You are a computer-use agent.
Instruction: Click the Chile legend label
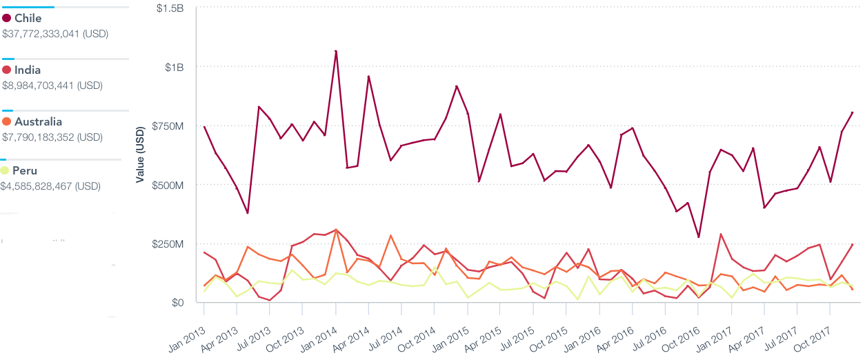pos(28,19)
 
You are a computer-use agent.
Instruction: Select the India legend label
pos(28,70)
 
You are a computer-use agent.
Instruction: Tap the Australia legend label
pos(38,122)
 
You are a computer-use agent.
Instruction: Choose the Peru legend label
pos(25,171)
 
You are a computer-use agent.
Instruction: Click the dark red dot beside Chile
pos(6,19)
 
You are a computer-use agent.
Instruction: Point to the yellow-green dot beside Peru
pos(6,171)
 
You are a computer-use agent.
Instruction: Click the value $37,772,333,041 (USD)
pos(55,33)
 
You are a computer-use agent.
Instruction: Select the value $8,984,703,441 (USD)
pos(52,86)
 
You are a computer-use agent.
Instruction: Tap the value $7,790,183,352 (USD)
pos(52,137)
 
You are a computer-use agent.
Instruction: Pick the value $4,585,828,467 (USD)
pos(50,186)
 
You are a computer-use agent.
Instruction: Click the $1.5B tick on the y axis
pos(170,8)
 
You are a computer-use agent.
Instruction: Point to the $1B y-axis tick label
pos(174,67)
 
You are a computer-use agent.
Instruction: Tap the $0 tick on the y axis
pos(177,303)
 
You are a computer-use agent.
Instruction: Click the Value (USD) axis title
pos(140,156)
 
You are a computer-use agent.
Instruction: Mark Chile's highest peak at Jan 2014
pos(335,51)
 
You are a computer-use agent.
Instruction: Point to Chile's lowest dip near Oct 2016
pos(698,237)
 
